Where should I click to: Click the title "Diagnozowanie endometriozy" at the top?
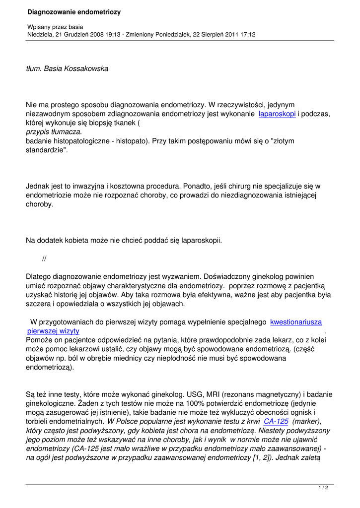(x=74, y=12)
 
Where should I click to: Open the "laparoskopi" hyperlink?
(x=278, y=114)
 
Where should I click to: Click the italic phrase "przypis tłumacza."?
(x=54, y=132)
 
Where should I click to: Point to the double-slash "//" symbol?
(x=44, y=258)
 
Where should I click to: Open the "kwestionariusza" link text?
(x=296, y=322)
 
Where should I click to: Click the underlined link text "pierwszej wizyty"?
(x=53, y=331)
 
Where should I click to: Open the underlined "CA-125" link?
(x=276, y=421)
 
